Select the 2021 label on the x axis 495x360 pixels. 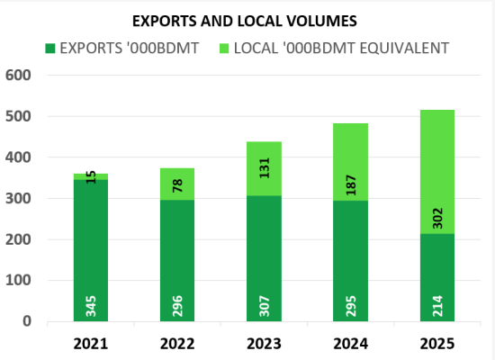91,344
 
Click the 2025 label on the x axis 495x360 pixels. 436,344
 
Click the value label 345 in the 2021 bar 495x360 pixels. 92,306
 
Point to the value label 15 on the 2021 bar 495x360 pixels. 92,177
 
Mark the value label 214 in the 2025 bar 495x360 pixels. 437,306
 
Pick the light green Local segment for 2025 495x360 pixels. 437,144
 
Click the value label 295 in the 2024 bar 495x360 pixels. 351,306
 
